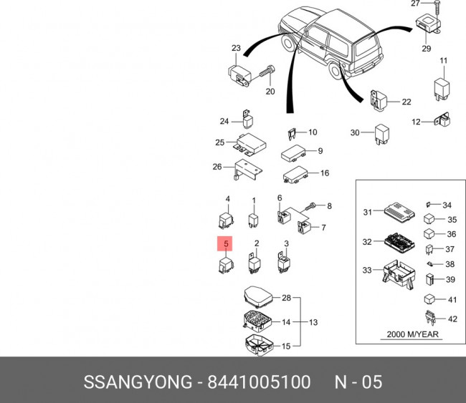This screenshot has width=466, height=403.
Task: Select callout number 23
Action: pos(236,48)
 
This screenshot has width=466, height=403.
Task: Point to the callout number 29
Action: pos(426,49)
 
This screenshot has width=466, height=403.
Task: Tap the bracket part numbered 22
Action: pos(378,101)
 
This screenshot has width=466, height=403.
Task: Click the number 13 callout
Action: pos(313,322)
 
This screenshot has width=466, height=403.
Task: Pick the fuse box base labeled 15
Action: pos(255,346)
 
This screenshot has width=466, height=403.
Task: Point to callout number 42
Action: pos(452,319)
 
